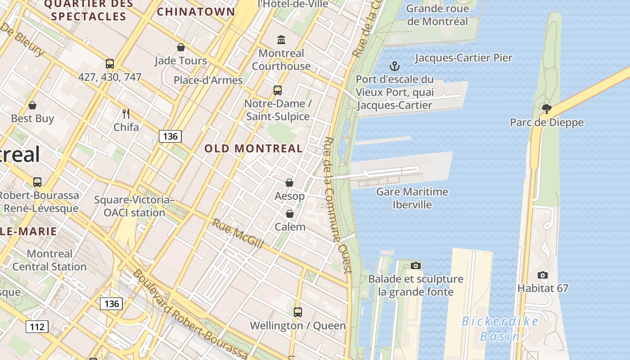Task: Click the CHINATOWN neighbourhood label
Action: click(196, 12)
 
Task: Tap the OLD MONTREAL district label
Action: click(254, 148)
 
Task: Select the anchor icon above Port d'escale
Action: click(394, 67)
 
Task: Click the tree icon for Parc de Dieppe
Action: click(547, 108)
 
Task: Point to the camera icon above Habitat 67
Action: click(543, 275)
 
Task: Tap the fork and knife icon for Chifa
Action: click(126, 114)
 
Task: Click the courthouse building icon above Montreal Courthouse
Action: click(281, 40)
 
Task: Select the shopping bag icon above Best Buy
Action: click(32, 105)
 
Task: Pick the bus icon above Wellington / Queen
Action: click(297, 312)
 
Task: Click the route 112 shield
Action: click(37, 326)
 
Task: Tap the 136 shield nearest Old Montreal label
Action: click(170, 136)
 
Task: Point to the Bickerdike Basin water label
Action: click(500, 328)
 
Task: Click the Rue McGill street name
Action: click(238, 233)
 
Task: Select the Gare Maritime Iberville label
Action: click(412, 198)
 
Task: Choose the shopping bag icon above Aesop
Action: click(289, 183)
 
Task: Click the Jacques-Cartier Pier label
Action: click(463, 58)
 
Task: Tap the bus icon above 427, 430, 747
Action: click(110, 63)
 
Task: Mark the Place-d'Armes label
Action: click(208, 81)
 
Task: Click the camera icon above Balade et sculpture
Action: click(416, 265)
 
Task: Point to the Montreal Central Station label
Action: click(49, 260)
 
